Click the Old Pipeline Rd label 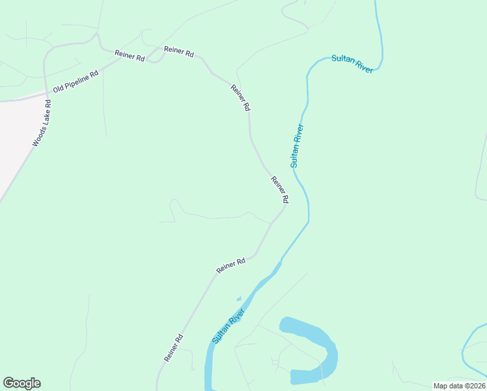coord(75,81)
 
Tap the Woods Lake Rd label coord(41,123)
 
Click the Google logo coord(21,383)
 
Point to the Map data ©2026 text coord(459,386)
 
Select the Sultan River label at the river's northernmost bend coord(352,64)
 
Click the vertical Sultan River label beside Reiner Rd coord(297,145)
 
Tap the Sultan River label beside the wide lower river coord(229,327)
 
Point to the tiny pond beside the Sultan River coord(239,299)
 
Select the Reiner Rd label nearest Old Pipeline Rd coord(129,56)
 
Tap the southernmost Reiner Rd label coord(174,348)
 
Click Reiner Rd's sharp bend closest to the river coord(285,208)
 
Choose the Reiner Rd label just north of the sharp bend coord(279,189)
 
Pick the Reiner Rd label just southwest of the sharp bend coord(230,265)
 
